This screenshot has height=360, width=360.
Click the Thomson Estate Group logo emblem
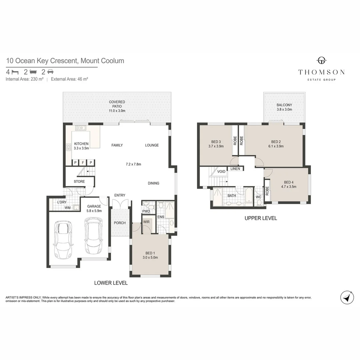[x=321, y=60]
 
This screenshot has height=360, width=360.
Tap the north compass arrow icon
[x=347, y=297]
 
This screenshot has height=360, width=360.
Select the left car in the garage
[x=63, y=240]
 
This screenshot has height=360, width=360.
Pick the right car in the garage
[x=94, y=236]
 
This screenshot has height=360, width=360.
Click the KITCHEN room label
[x=81, y=144]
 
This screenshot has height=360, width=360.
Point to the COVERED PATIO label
[x=117, y=104]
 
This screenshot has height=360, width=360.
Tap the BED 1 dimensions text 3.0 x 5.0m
[x=150, y=257]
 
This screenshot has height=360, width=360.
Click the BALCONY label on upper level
[x=284, y=105]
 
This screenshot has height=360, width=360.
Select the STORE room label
[x=79, y=181]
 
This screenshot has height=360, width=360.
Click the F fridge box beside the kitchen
[x=83, y=163]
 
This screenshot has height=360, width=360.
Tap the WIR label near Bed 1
[x=146, y=222]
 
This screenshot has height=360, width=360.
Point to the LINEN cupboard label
[x=235, y=169]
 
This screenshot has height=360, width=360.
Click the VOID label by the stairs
[x=221, y=172]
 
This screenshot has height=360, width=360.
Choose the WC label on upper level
[x=258, y=197]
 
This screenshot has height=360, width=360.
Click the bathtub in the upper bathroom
[x=249, y=195]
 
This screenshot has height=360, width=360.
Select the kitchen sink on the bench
[x=81, y=128]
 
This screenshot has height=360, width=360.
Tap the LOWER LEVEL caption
[x=111, y=283]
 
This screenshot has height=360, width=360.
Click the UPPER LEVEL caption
[x=261, y=218]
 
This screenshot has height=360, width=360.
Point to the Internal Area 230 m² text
[x=25, y=79]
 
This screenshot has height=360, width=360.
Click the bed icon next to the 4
[x=15, y=72]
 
